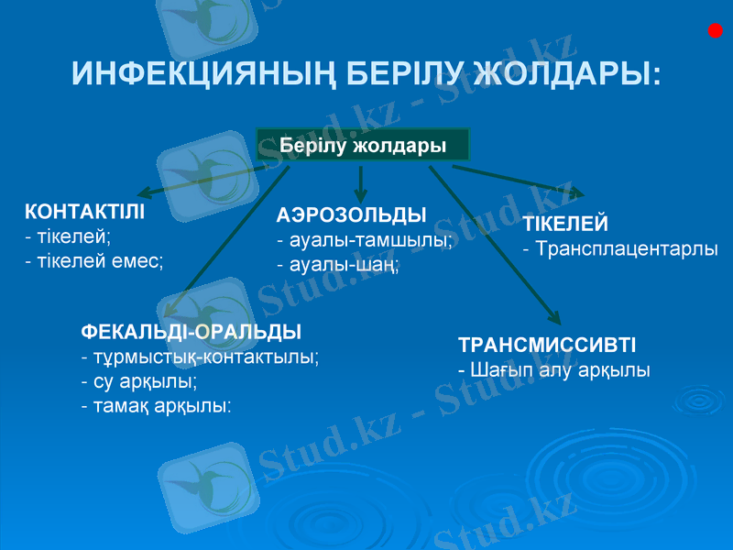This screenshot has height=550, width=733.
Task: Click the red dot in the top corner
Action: click(716, 32)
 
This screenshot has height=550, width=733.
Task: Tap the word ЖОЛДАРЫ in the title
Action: click(569, 73)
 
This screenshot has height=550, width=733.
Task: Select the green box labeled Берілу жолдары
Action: click(362, 146)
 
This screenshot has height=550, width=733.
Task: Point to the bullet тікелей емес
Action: click(94, 261)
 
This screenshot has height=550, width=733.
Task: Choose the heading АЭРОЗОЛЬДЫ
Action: click(352, 215)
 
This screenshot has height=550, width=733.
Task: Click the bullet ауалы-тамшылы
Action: click(365, 240)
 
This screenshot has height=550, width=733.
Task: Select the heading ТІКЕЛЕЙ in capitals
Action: click(565, 225)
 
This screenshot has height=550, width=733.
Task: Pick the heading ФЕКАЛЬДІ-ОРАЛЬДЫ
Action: click(191, 331)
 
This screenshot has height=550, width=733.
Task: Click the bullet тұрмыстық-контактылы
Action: click(200, 356)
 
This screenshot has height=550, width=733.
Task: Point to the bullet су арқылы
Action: click(139, 379)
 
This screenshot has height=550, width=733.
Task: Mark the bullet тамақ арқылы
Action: click(156, 404)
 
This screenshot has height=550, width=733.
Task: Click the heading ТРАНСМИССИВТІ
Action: click(547, 346)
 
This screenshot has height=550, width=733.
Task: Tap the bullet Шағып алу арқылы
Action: click(554, 370)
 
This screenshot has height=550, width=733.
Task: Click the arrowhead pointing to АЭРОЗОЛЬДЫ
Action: click(361, 196)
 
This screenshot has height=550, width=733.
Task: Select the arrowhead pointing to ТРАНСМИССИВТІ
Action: click(552, 317)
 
